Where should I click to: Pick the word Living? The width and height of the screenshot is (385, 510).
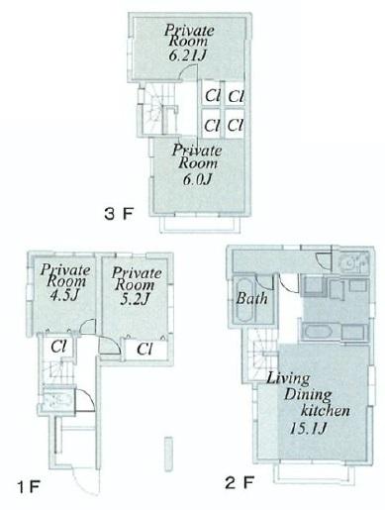286,377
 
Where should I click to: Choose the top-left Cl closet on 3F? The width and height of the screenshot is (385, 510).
212,96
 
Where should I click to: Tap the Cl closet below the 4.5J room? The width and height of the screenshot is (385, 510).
58,347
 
